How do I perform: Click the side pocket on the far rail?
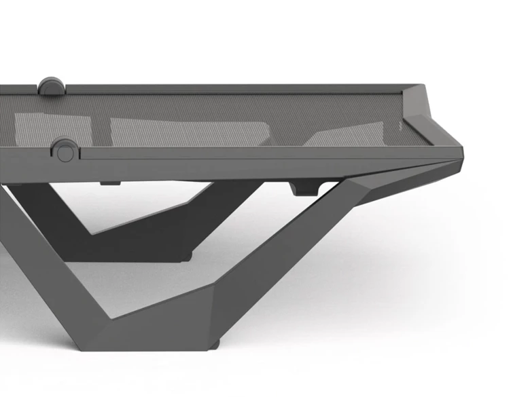52,86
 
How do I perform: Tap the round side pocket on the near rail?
65,150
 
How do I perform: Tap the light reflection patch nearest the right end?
347,135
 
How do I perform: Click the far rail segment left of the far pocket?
17,90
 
